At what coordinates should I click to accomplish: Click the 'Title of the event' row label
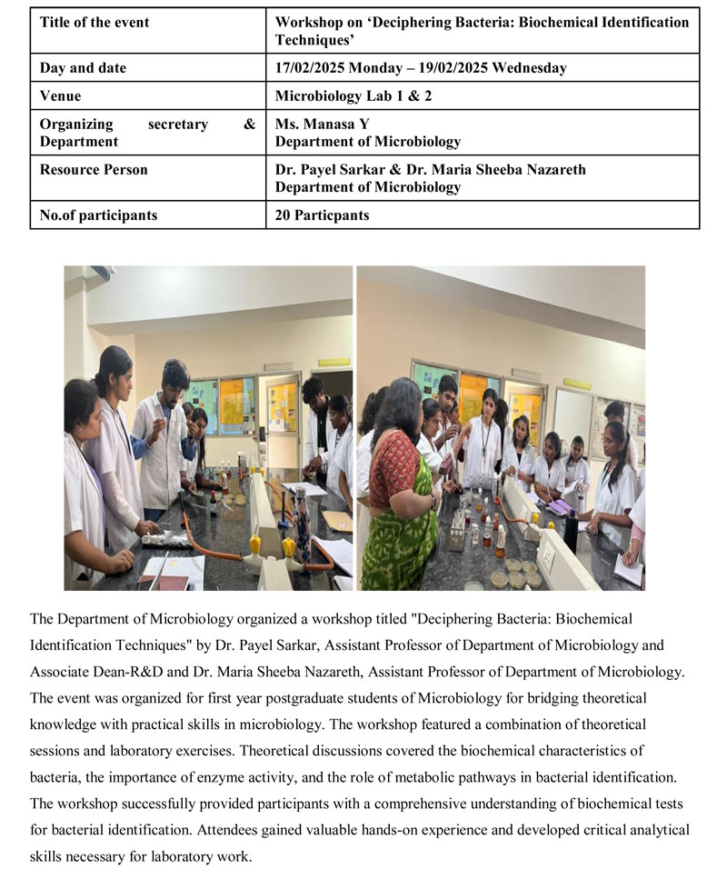[95, 22]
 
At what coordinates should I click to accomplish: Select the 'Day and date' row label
[83, 68]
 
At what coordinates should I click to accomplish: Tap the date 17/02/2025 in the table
[309, 68]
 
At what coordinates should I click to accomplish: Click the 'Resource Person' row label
[94, 170]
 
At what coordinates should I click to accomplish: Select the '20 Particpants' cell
[323, 215]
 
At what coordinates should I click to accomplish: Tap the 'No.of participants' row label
[98, 215]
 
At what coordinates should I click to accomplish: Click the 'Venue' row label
[60, 95]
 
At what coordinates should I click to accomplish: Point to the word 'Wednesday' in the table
[533, 68]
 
